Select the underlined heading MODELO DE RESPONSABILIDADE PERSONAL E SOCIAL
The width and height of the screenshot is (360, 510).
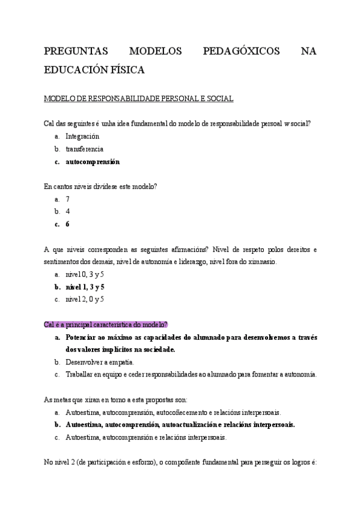click(x=139, y=99)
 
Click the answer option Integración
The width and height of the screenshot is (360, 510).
click(x=82, y=136)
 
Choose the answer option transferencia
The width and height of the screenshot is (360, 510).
click(x=84, y=149)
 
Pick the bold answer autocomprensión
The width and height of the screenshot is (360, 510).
click(x=93, y=162)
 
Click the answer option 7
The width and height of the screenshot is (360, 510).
click(x=68, y=198)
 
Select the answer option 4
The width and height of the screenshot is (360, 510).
click(x=68, y=211)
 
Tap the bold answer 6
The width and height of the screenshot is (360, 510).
click(x=68, y=224)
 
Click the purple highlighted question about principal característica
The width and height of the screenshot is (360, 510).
click(x=106, y=325)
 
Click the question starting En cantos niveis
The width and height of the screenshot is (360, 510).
click(x=101, y=186)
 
